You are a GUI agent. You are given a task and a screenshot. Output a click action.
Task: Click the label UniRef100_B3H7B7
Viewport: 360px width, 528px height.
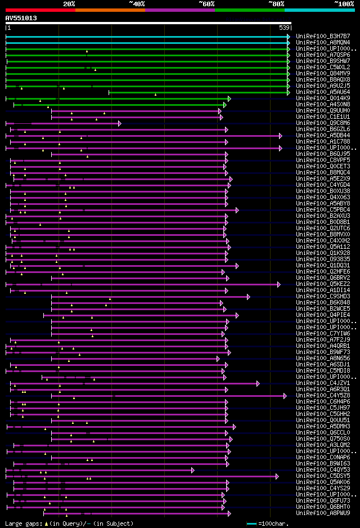coord(323,36)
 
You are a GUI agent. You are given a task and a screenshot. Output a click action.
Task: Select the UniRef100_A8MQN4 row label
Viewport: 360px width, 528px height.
coord(323,42)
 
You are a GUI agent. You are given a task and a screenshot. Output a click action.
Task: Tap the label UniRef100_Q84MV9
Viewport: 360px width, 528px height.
coord(323,73)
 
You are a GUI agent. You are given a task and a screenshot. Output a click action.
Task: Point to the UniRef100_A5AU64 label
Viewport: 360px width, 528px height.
coord(323,92)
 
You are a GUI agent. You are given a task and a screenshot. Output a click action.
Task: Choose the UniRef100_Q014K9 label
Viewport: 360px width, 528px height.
coord(323,98)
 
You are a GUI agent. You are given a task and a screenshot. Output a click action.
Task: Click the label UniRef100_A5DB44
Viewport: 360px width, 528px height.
coord(323,135)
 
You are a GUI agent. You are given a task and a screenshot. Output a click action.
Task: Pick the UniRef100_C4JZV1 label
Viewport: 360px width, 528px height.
coord(323,383)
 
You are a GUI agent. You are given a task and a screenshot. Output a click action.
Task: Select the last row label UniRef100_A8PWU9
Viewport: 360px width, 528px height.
coord(323,513)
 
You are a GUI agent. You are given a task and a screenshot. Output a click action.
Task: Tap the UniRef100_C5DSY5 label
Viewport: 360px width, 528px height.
coord(323,476)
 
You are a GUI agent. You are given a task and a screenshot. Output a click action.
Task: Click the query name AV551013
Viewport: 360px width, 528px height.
coord(21,18)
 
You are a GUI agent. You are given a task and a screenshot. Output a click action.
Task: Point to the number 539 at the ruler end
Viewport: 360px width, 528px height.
coord(285,28)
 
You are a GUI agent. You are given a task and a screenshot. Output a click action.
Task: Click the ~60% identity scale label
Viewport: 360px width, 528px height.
coord(206,3)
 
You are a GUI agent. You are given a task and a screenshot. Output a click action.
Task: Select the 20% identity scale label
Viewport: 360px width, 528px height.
coord(69,3)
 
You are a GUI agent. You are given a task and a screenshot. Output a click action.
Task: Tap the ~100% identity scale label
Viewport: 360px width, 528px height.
coord(344,3)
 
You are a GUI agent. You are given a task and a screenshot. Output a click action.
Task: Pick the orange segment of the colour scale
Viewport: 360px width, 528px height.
coord(110,10)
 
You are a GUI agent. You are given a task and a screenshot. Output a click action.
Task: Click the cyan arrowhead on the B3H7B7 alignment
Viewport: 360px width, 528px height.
coord(289,36)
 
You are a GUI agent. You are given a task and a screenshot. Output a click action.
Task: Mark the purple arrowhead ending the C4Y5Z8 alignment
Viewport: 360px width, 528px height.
coord(285,395)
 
